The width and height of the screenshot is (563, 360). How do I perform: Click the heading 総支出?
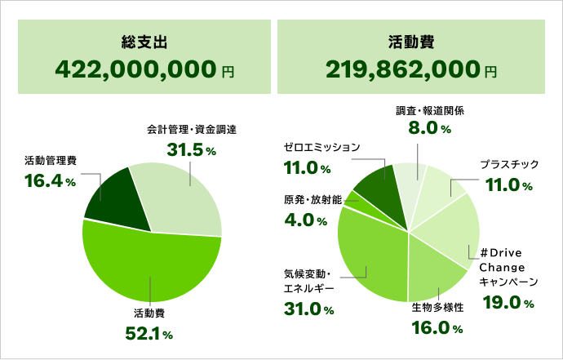point(144,42)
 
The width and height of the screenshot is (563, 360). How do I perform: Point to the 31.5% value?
point(191,150)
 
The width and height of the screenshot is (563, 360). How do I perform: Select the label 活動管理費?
point(51,160)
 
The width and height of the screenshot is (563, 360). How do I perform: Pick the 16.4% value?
point(50,180)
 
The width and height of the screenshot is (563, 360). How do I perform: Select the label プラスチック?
point(509,164)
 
